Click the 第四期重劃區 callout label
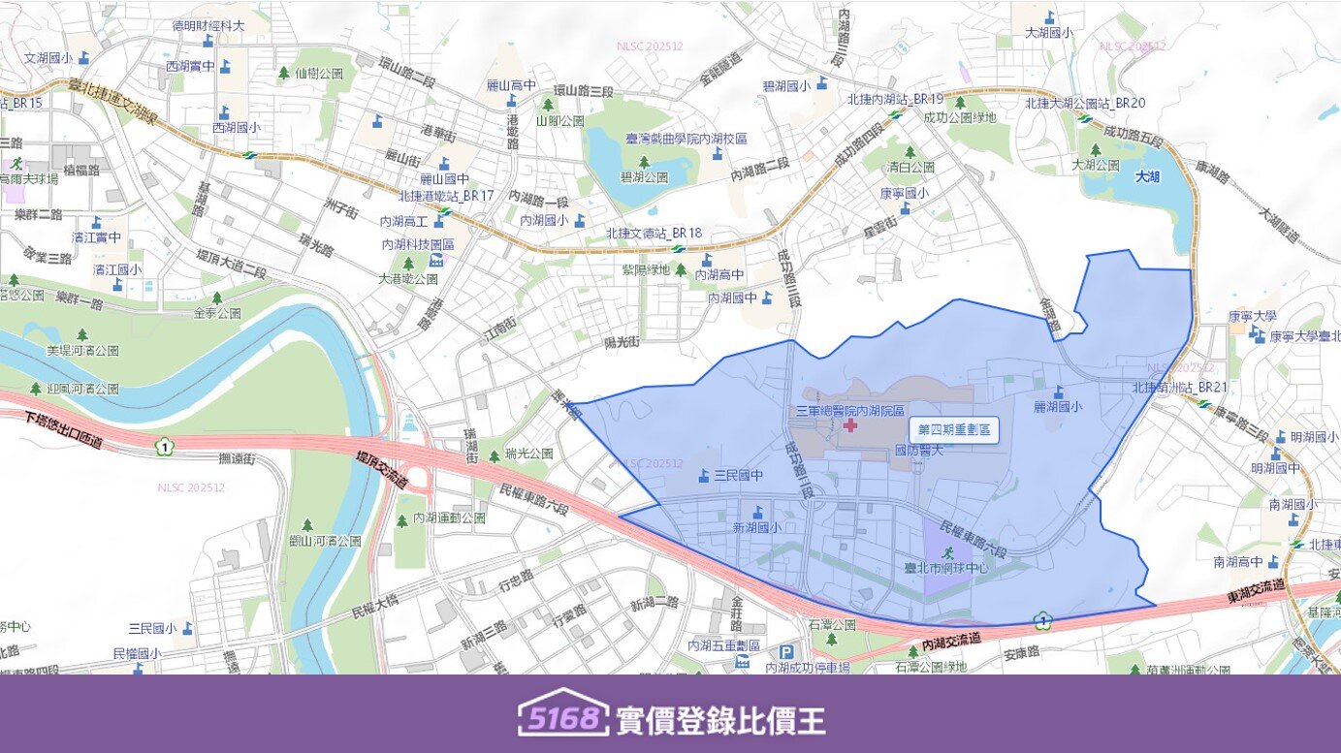tap(954, 429)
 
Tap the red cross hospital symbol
tap(850, 425)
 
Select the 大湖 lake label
tap(1147, 177)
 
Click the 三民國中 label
tap(738, 476)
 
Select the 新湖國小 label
tap(756, 528)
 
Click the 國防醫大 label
tap(918, 450)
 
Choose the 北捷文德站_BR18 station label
tap(654, 234)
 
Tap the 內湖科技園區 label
tap(419, 244)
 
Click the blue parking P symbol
tap(786, 652)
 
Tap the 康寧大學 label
tap(1251, 316)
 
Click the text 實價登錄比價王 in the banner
tap(720, 720)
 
